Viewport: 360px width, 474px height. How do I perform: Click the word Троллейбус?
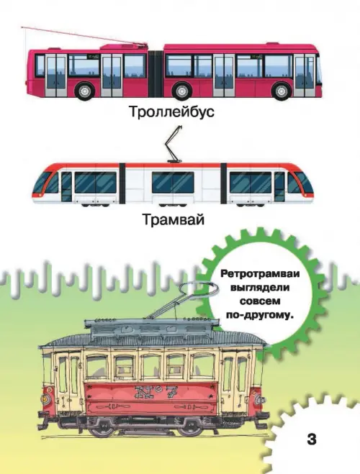(x=172, y=112)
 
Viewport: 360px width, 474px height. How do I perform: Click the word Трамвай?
(x=174, y=220)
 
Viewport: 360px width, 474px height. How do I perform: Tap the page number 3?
(x=312, y=439)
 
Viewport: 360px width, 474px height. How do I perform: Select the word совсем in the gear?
(x=260, y=301)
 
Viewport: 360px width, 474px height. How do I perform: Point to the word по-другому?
(x=260, y=315)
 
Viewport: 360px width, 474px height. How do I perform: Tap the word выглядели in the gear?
(x=260, y=288)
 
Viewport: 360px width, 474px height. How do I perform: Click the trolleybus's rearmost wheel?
(x=85, y=91)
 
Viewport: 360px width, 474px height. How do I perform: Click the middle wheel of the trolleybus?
(x=182, y=91)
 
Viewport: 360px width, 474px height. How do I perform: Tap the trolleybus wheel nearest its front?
(x=282, y=91)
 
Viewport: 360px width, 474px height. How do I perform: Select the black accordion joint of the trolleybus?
(x=156, y=73)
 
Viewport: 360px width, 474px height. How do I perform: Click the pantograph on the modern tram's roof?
(x=174, y=145)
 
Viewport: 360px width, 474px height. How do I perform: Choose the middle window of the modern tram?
(x=173, y=182)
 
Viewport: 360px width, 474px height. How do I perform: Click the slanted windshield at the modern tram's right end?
(x=301, y=182)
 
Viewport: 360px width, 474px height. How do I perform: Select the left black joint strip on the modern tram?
(x=122, y=183)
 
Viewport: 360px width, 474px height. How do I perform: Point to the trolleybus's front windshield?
(x=319, y=70)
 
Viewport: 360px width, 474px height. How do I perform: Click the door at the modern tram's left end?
(x=66, y=186)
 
